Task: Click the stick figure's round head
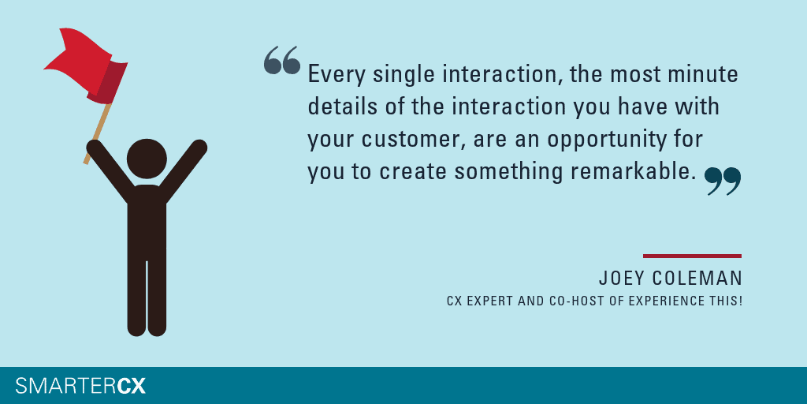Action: point(147,159)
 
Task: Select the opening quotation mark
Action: point(281,60)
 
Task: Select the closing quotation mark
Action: point(723,181)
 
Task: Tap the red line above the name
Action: point(692,256)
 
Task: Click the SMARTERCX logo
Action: point(80,385)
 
